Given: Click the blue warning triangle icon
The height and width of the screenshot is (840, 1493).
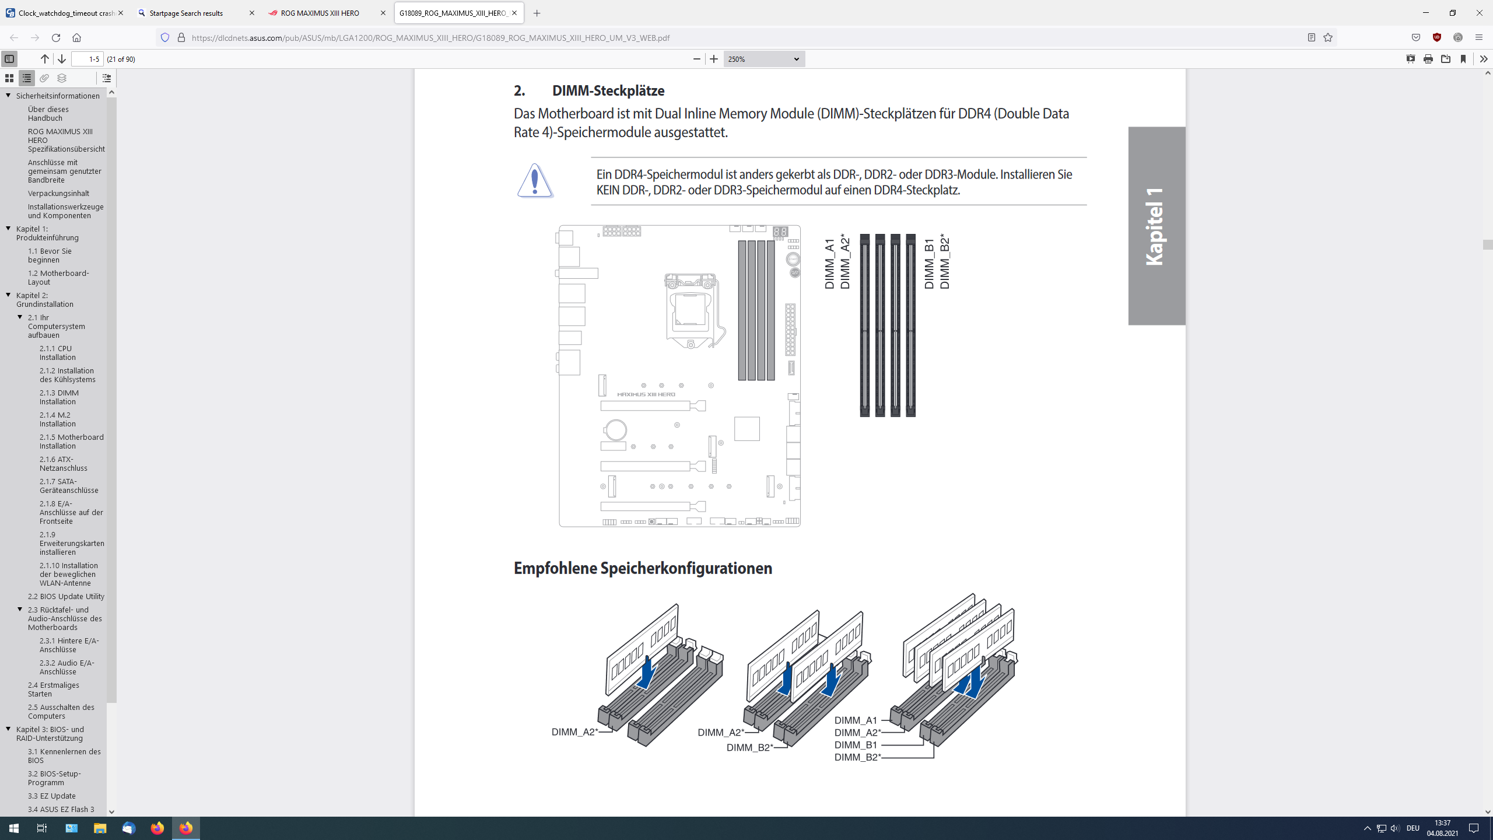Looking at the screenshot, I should pos(535,181).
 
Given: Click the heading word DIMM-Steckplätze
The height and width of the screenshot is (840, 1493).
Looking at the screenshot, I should pos(608,90).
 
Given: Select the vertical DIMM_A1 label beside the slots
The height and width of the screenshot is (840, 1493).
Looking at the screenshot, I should pos(829,264).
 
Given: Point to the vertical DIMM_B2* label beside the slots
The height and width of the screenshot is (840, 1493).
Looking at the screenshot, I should pos(945,262).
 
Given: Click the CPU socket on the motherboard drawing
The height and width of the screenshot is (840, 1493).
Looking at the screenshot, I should pos(691,309).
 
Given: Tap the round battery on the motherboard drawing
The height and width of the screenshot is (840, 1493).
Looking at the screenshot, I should pos(615,430).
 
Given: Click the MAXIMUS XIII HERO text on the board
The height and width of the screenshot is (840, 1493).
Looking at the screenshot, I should pos(646,394).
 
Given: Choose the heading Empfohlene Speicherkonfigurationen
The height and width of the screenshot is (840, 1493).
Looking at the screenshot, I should pos(643,568).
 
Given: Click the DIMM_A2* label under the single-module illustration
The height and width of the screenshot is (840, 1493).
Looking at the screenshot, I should pos(574,732).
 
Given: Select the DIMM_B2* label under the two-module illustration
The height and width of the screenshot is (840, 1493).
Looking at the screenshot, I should pos(749,748).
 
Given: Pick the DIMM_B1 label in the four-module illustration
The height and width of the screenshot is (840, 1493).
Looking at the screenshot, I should pos(856,745).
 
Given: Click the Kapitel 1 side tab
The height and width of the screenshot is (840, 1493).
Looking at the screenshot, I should pos(1156,226).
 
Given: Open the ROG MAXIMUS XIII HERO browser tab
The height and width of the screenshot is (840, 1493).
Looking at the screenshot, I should pos(320,13).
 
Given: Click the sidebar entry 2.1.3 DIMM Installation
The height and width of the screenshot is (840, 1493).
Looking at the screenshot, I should pos(59,397).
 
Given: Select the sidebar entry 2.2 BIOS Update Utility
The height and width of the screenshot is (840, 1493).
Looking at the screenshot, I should pos(66,596).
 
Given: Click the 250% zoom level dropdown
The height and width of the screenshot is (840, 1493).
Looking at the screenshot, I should pos(763,59).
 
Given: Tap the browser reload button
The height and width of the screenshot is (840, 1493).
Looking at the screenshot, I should pos(56,37).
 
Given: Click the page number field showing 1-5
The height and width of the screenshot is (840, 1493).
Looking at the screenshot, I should pos(87,59).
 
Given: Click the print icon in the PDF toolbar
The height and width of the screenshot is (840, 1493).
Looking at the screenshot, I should pos(1428,59).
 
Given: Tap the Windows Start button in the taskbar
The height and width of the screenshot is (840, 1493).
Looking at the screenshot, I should pos(14,828).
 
